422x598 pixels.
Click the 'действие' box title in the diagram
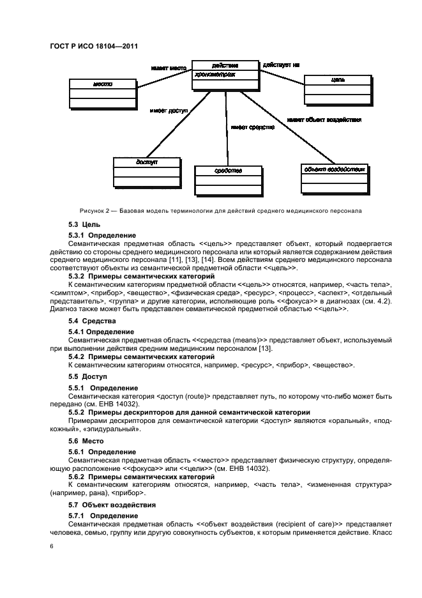(225, 65)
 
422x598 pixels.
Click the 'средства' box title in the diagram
(228, 171)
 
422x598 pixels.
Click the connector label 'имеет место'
(169, 67)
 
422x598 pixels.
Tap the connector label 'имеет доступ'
(169, 111)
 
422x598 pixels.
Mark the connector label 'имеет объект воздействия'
(324, 119)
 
